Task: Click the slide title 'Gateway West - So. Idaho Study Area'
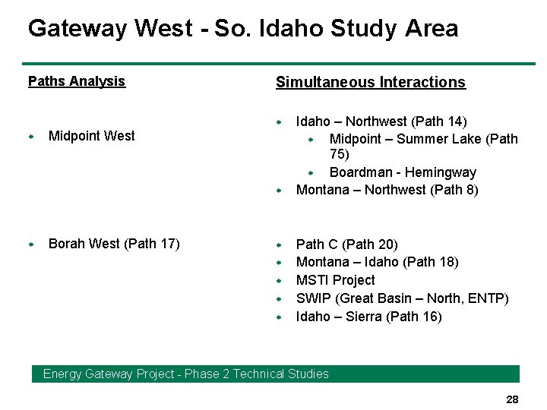243,29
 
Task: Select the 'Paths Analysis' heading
77,81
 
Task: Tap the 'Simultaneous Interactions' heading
370,82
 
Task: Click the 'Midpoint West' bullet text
91,136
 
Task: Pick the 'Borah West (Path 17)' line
114,244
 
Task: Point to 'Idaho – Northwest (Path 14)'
381,121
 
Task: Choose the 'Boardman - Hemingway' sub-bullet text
403,172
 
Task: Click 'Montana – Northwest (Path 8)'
387,190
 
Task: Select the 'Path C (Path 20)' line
346,244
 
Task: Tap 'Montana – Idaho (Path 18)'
377,262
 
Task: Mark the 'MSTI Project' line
335,280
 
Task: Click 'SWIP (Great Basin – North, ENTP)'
402,298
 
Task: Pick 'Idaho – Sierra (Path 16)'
368,317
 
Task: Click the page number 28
511,399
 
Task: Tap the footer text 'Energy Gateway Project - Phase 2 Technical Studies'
186,374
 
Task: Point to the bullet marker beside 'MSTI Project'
279,281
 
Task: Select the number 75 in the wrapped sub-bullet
340,155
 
